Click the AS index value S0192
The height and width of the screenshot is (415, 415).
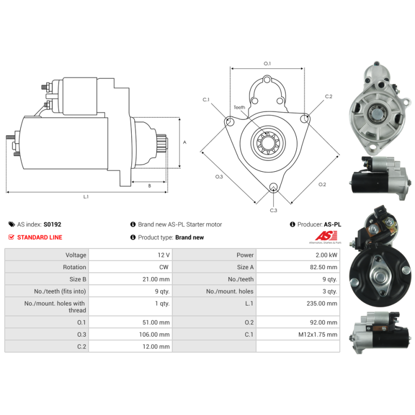tap(52, 225)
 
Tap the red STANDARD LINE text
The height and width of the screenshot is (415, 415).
tap(40, 238)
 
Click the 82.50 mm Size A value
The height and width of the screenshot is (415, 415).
tap(323, 267)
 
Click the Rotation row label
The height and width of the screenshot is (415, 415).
tap(74, 267)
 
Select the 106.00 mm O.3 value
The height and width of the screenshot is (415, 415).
tap(154, 335)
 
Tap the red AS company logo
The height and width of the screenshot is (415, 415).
tap(326, 236)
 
